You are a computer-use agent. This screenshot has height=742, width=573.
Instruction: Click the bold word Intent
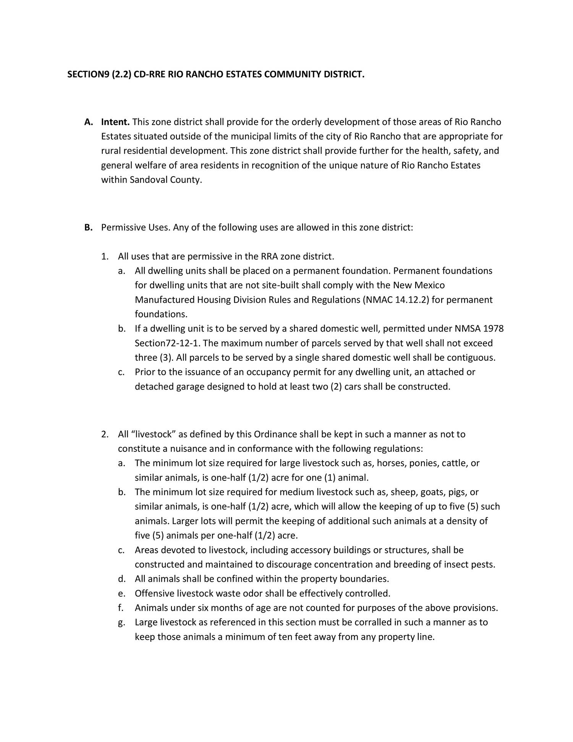pos(115,122)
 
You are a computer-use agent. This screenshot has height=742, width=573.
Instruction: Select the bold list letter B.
pos(88,228)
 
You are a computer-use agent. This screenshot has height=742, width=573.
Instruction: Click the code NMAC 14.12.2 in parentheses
pos(395,300)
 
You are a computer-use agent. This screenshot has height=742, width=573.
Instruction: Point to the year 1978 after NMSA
pos(493,329)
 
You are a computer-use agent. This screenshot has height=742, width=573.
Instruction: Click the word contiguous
pos(471,358)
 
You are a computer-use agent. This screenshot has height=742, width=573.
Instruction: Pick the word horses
pos(392,463)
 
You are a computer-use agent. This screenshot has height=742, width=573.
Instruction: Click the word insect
pos(455,565)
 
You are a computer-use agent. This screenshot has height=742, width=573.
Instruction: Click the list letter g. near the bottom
pos(121,623)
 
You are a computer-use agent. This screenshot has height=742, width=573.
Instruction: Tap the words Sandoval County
pos(165,180)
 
